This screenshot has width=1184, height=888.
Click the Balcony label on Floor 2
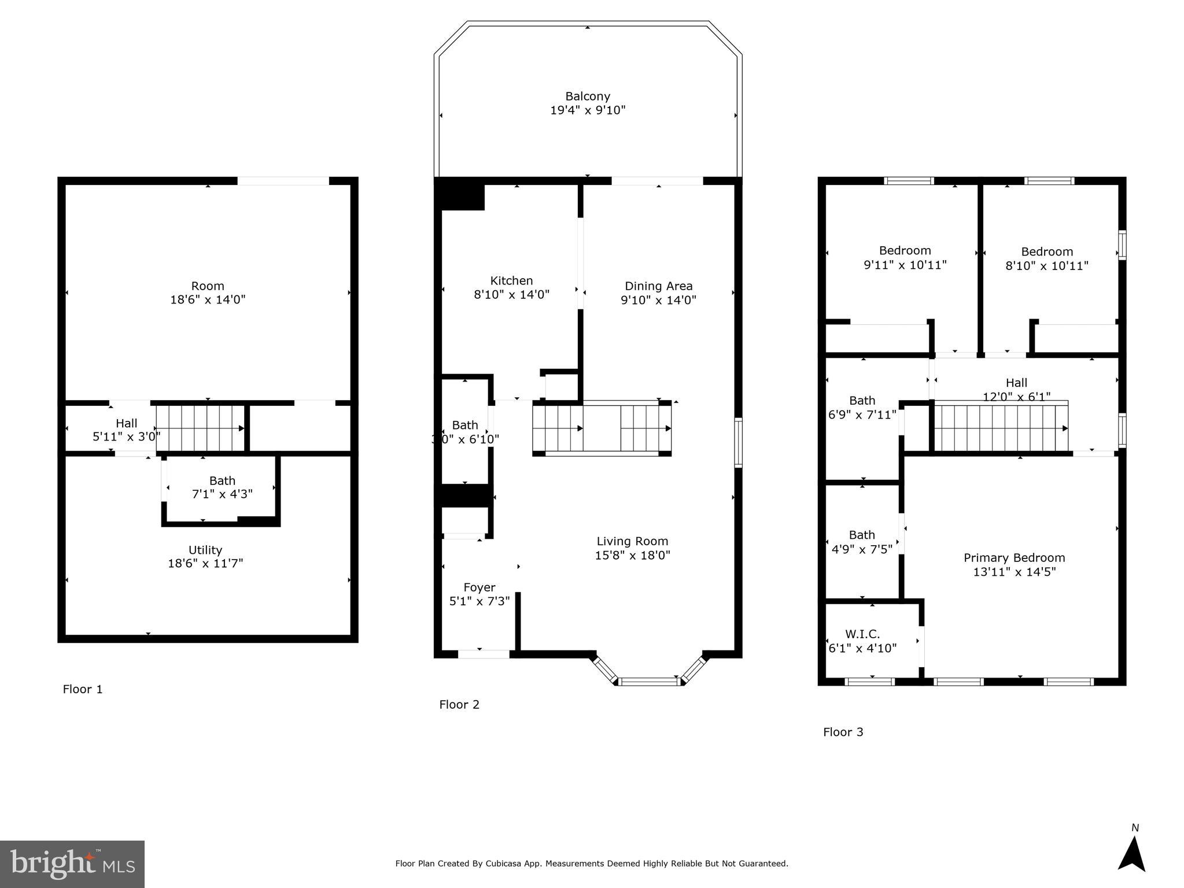pyautogui.click(x=587, y=97)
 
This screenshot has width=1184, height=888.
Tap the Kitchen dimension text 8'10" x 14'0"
pyautogui.click(x=511, y=295)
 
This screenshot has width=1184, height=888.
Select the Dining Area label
pyautogui.click(x=658, y=286)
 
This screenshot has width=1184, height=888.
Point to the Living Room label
pyautogui.click(x=632, y=542)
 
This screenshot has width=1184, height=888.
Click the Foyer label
pyautogui.click(x=479, y=587)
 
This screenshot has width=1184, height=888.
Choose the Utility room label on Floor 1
pyautogui.click(x=205, y=550)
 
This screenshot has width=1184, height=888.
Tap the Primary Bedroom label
pyautogui.click(x=1014, y=558)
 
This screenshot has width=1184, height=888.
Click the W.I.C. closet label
pyautogui.click(x=862, y=634)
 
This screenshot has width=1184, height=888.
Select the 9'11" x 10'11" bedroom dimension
pyautogui.click(x=905, y=265)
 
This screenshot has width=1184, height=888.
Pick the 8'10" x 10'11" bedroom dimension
pyautogui.click(x=1047, y=266)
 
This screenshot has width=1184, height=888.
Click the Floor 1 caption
pyautogui.click(x=83, y=689)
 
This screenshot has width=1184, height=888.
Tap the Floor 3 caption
pyautogui.click(x=843, y=732)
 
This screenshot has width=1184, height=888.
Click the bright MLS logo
pyautogui.click(x=72, y=864)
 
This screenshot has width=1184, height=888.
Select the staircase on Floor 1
pyautogui.click(x=200, y=428)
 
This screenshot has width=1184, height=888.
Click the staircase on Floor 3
pyautogui.click(x=1001, y=428)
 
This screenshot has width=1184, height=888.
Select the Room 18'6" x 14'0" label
pyautogui.click(x=208, y=293)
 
